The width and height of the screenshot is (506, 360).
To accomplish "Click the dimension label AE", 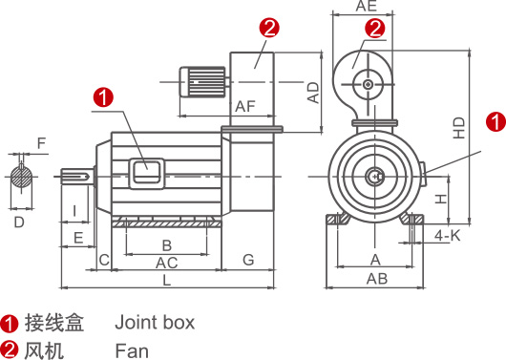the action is (367, 6).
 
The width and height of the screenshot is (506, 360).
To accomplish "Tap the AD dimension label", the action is (313, 93).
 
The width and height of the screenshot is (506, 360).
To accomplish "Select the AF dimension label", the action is (245, 106).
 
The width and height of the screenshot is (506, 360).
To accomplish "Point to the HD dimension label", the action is (459, 128).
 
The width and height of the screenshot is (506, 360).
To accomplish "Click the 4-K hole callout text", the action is (447, 236).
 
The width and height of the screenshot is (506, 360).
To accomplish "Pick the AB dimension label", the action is (377, 279).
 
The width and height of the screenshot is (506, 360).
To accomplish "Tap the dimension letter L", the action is (166, 280).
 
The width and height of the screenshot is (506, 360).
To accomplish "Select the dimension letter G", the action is (248, 260).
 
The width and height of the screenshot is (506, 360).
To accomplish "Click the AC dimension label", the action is (166, 263).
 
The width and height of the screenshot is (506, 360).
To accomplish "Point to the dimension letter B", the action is (166, 245).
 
